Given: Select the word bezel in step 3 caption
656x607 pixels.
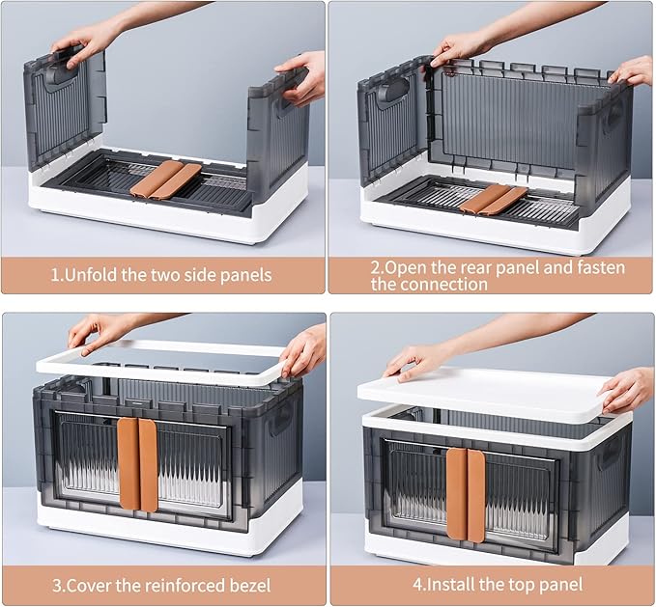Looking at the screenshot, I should [246, 585].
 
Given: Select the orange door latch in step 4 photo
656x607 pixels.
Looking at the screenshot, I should [467, 492].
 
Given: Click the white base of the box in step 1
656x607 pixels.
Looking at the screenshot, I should [164, 217].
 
